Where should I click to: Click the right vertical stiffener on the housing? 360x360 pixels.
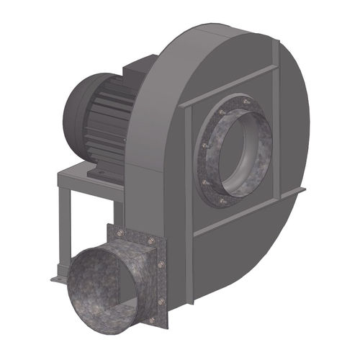[x=276, y=130]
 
